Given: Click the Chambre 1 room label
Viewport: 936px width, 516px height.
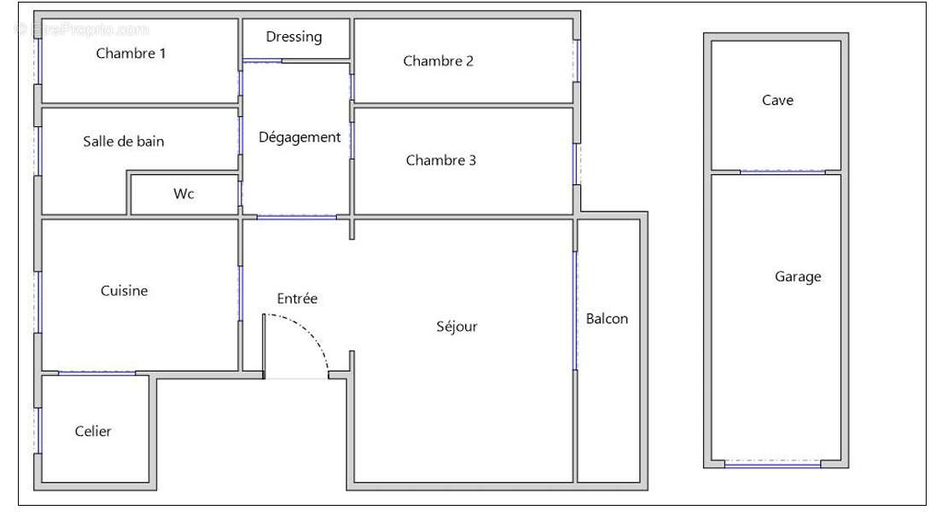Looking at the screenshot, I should pos(131,54).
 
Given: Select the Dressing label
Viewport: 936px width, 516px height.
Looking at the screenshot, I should pos(294,37).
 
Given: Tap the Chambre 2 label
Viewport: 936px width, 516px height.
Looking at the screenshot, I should pos(438,61).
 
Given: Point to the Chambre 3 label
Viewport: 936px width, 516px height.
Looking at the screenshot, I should pos(440,160).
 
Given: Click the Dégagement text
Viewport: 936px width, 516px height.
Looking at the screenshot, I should pos(299,137).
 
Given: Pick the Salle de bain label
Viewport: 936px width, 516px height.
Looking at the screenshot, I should pos(123,142).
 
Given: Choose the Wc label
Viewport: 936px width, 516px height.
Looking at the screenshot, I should pos(183,194).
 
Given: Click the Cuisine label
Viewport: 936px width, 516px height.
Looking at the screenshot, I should pos(124,291).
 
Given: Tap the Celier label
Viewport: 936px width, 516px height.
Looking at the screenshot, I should pos(93,432).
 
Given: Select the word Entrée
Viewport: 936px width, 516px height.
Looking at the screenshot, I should pos(297,299).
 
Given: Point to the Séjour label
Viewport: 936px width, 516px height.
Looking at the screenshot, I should pos(456,327).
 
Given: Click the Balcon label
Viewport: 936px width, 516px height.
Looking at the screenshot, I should pos(607,319).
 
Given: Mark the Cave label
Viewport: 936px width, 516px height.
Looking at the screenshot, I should pos(777,101).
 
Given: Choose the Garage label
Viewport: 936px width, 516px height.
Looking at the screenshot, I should pos(798,276).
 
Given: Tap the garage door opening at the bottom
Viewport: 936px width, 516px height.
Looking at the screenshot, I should pos(772,465).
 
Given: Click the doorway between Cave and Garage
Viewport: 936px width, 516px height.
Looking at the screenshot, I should pos(782,172).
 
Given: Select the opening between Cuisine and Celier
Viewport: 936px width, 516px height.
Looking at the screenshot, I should pos(96,373).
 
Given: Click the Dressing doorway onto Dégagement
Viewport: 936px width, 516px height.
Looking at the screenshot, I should pos(262,61).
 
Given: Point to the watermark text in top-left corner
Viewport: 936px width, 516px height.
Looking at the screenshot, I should pos(81,29).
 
